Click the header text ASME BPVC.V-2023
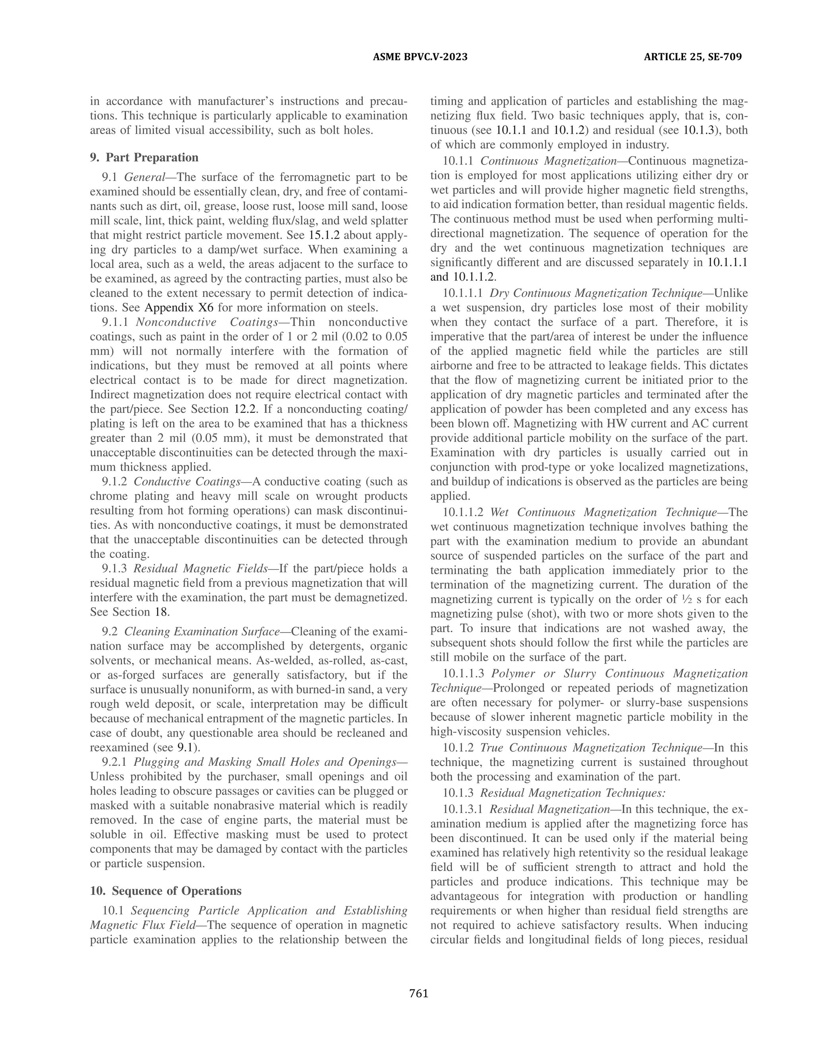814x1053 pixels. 420,57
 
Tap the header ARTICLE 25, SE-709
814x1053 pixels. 692,57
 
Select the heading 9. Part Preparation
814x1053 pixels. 144,158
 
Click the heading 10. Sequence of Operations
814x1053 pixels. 166,890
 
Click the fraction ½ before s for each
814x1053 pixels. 672,599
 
